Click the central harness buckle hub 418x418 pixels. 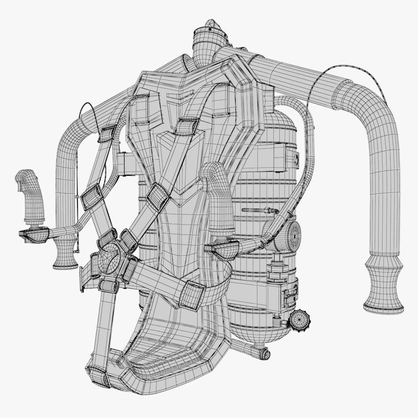pos(110,256)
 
